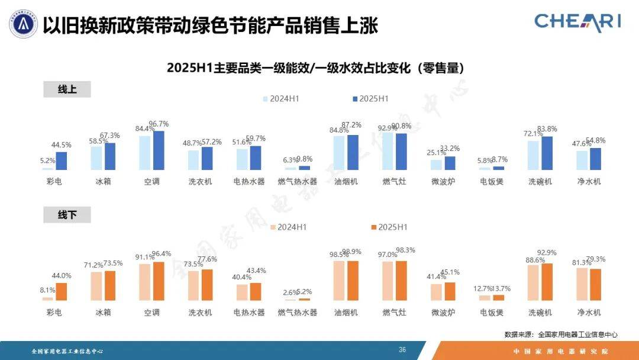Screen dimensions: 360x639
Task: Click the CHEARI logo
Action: pyautogui.click(x=577, y=22)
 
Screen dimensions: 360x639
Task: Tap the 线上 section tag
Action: pyautogui.click(x=67, y=89)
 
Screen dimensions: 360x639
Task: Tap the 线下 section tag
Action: pyautogui.click(x=67, y=215)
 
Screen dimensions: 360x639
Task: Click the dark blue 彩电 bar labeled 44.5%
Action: pyautogui.click(x=62, y=161)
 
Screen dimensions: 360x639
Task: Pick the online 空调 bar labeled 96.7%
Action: pyautogui.click(x=159, y=150)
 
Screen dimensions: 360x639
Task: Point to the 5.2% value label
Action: pyautogui.click(x=47, y=160)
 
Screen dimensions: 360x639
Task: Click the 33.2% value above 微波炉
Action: pyautogui.click(x=450, y=148)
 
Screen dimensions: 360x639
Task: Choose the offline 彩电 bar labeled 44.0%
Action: pyautogui.click(x=62, y=291)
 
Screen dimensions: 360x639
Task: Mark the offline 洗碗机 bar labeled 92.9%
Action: pyautogui.click(x=547, y=282)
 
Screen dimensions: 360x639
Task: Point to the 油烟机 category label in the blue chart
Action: pyautogui.click(x=346, y=182)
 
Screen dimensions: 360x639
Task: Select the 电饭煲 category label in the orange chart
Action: pyautogui.click(x=492, y=312)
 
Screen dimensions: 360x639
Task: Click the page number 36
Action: pyautogui.click(x=402, y=350)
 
